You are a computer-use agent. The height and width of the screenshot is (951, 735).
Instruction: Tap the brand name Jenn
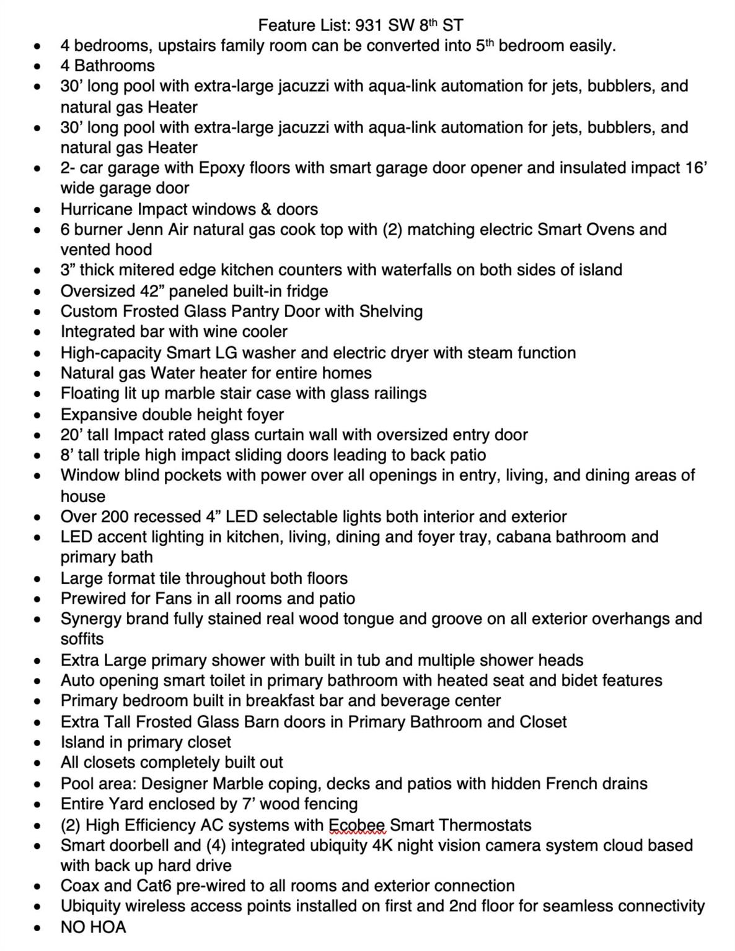pyautogui.click(x=145, y=230)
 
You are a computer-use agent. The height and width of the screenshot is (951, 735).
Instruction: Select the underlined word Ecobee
pyautogui.click(x=357, y=825)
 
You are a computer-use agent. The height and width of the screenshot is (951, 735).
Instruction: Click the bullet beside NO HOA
pyautogui.click(x=38, y=928)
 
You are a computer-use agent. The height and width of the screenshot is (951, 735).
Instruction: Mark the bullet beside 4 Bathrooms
pyautogui.click(x=38, y=66)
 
